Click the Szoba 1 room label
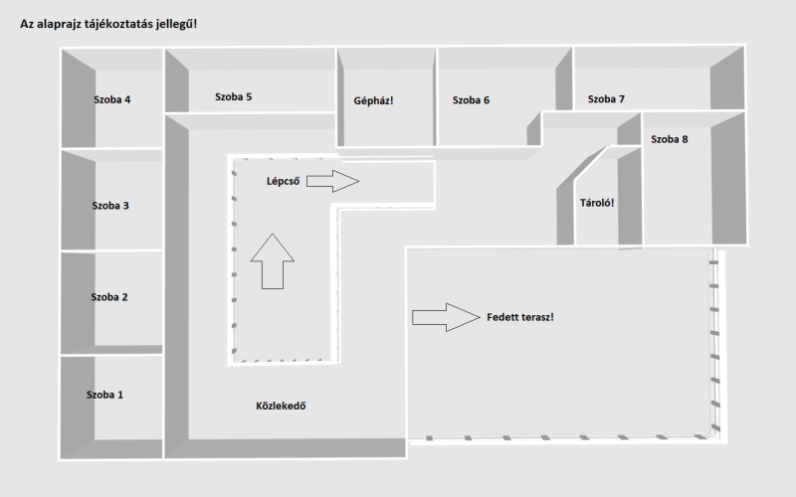pyautogui.click(x=104, y=395)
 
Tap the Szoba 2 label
pyautogui.click(x=109, y=297)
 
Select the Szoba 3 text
pyautogui.click(x=110, y=206)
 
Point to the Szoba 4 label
pyautogui.click(x=112, y=99)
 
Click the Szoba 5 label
pyautogui.click(x=233, y=96)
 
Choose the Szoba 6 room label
pyautogui.click(x=471, y=100)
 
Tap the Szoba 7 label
pyautogui.click(x=606, y=98)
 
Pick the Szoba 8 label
pyautogui.click(x=670, y=139)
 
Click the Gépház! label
pyautogui.click(x=374, y=101)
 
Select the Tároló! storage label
pyautogui.click(x=597, y=203)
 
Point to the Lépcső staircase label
pyautogui.click(x=284, y=182)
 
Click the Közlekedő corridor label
pyautogui.click(x=281, y=406)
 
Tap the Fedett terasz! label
pyautogui.click(x=520, y=317)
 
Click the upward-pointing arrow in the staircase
pyautogui.click(x=273, y=261)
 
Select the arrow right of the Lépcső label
pyautogui.click(x=333, y=181)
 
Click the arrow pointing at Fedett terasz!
pyautogui.click(x=446, y=317)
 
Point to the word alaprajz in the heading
pyautogui.click(x=58, y=24)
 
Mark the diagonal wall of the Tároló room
pyautogui.click(x=582, y=172)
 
